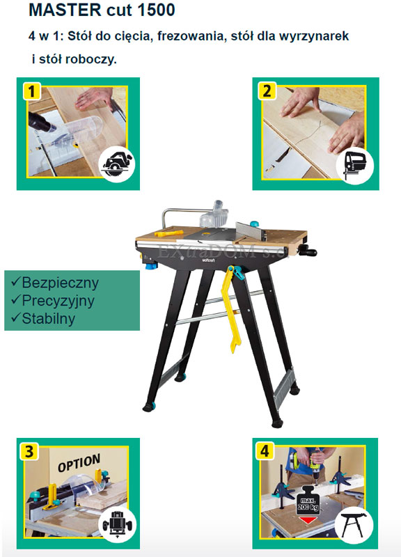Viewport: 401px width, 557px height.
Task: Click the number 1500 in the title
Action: tap(156, 10)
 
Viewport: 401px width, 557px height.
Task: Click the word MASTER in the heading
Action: tap(65, 10)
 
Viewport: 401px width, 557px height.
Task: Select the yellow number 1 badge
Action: tap(32, 91)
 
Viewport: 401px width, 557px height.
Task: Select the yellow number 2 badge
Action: tap(267, 91)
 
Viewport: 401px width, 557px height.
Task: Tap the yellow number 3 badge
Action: tap(29, 451)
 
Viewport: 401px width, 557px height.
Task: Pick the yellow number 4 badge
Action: tap(265, 451)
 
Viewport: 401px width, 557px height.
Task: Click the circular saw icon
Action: tap(117, 164)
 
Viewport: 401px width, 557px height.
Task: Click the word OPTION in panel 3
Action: tap(79, 463)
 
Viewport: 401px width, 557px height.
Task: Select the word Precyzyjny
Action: tap(58, 301)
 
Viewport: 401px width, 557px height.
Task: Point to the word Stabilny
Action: tap(48, 318)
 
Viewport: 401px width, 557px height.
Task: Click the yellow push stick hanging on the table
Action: tap(232, 308)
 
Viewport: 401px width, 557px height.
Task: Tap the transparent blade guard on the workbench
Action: tap(214, 215)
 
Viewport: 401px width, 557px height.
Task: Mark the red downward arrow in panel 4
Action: tap(308, 520)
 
